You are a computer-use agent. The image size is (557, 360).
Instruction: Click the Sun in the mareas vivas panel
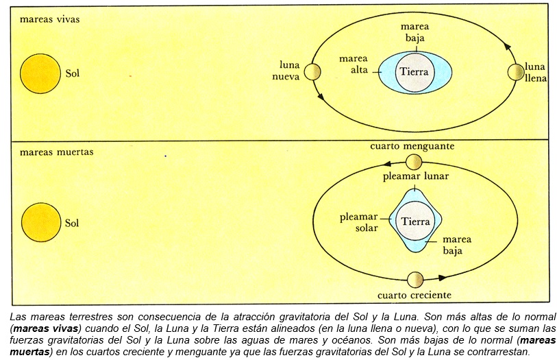coord(40,73)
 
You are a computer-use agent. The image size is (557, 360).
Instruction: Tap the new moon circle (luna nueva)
coord(314,72)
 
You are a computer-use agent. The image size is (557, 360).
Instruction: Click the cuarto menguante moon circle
coord(414,162)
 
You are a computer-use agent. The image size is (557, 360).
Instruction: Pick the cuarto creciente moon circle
coord(414,280)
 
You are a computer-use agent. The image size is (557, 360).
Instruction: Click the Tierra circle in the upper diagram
coord(414,71)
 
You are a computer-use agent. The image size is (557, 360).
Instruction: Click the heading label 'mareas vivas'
coord(49,19)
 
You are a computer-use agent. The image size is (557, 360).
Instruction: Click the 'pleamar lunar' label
coord(415,176)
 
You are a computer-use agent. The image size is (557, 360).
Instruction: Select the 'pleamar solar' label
coord(358,223)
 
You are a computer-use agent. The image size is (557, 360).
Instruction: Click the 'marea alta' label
coord(354,64)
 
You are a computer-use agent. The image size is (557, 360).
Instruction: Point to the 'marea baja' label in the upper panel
coord(414,32)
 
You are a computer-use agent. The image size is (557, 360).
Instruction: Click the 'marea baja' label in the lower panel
coord(457,245)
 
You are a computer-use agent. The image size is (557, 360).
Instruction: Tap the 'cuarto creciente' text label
coord(414,295)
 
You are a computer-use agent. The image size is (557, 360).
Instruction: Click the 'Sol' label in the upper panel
coord(72,73)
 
